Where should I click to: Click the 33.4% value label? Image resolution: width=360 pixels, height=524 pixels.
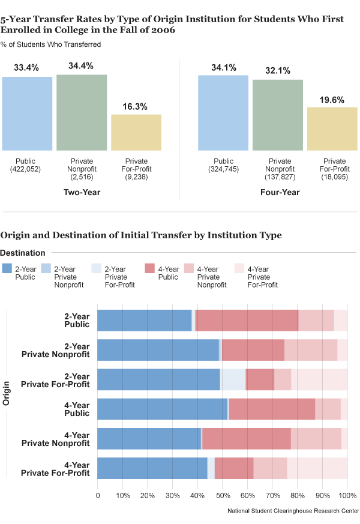tap(26, 68)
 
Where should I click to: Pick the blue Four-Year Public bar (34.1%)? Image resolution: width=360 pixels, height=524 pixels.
tap(223, 112)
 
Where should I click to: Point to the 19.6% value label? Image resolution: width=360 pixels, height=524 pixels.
tap(332, 100)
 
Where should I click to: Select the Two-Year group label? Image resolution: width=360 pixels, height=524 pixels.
tap(82, 193)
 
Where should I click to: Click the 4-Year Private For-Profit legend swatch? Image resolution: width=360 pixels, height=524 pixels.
tap(239, 269)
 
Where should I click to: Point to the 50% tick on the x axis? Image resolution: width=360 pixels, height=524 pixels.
tap(223, 496)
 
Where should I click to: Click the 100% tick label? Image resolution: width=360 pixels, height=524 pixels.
tap(347, 496)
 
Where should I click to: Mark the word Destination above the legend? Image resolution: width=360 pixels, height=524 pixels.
tap(23, 253)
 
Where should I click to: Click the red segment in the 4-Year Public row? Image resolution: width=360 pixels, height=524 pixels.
tap(272, 409)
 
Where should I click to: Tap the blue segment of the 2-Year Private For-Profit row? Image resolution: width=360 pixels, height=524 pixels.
tap(158, 379)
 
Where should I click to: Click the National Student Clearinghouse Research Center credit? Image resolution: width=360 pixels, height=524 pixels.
tap(293, 511)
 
